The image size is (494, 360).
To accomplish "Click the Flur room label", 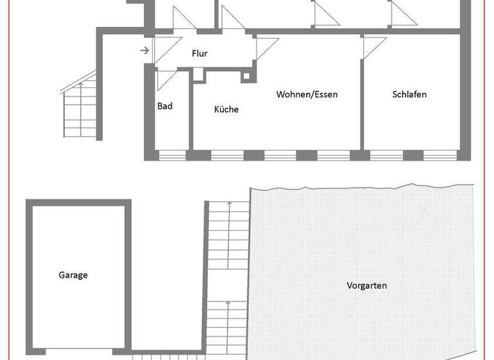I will point(199,54).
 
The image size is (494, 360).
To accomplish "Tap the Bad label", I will point(165,106).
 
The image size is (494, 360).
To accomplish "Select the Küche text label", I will point(226,109).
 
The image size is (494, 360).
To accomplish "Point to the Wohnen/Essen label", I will point(307,94).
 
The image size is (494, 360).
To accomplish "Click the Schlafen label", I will point(409,94).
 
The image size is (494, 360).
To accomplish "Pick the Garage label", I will point(73,275).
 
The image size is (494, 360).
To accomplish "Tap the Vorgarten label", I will point(367,285).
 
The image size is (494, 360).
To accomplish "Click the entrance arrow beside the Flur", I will point(145,50).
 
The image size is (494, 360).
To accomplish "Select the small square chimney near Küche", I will point(246,77).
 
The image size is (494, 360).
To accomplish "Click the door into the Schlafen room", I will point(374,45).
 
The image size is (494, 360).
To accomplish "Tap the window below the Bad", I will point(171,155).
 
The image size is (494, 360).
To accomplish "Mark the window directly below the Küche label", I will point(227,155).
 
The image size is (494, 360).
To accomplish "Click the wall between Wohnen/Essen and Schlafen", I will point(361,96).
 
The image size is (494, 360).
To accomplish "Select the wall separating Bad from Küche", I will point(191,113).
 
